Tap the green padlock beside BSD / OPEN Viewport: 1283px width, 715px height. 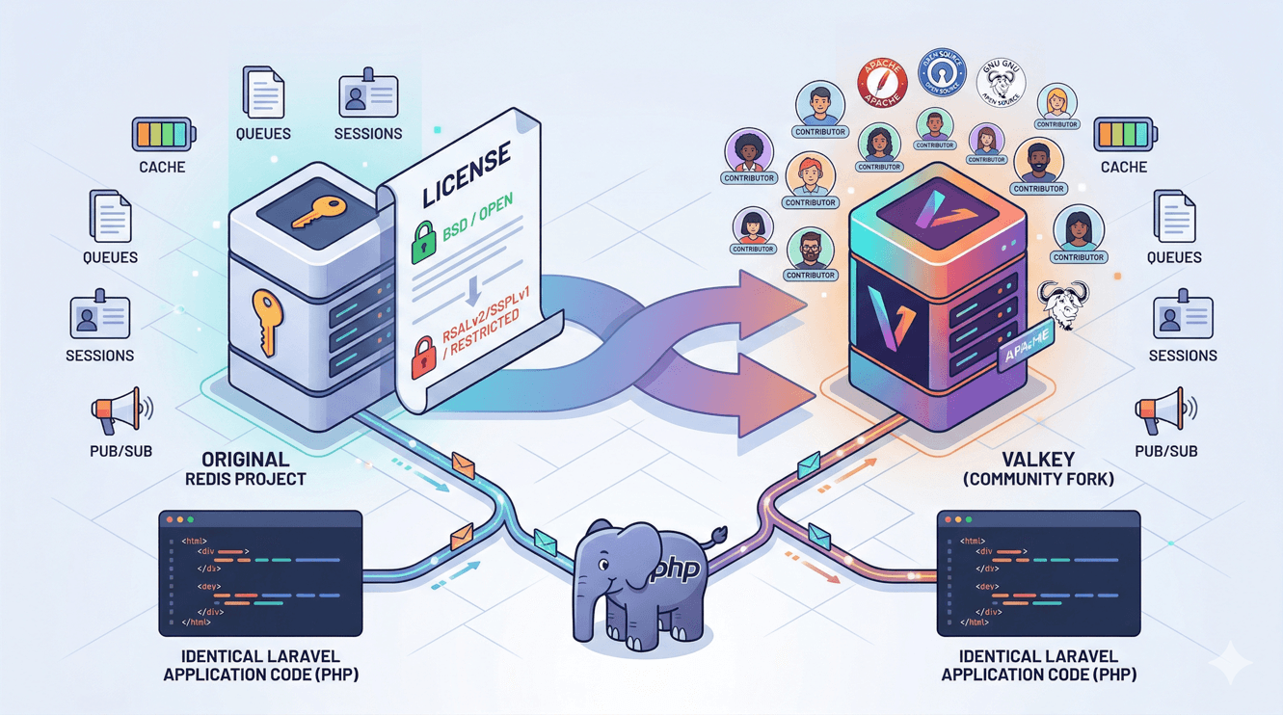click(424, 242)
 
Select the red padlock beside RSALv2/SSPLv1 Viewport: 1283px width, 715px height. click(423, 356)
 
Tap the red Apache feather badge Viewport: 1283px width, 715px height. click(882, 84)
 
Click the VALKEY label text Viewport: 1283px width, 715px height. click(1058, 460)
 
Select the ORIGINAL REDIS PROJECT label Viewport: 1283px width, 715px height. click(244, 468)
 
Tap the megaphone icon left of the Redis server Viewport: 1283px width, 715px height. click(119, 412)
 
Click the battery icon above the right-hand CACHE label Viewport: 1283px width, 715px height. click(1123, 135)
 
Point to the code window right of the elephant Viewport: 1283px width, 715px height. click(1038, 573)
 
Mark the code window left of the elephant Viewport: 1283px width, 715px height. click(260, 573)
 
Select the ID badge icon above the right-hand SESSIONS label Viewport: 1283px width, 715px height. click(1182, 318)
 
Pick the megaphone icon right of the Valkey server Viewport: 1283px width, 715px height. click(1163, 412)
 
